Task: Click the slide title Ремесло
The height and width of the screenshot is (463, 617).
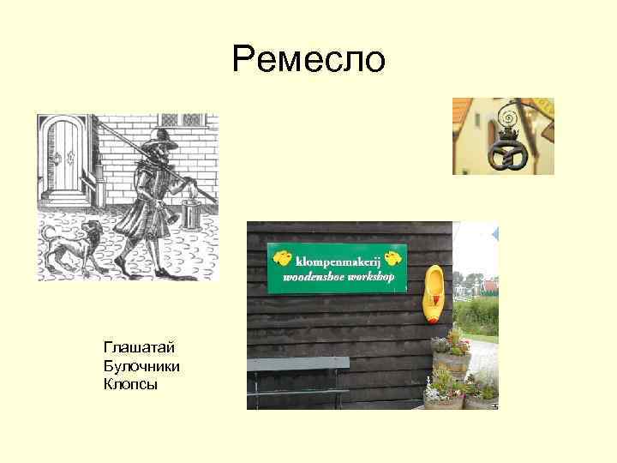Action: point(308,60)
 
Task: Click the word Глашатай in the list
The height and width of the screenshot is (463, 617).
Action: point(139,347)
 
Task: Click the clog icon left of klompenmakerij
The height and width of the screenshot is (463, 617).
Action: point(281,256)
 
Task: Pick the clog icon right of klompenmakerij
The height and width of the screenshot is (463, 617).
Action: point(393,257)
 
